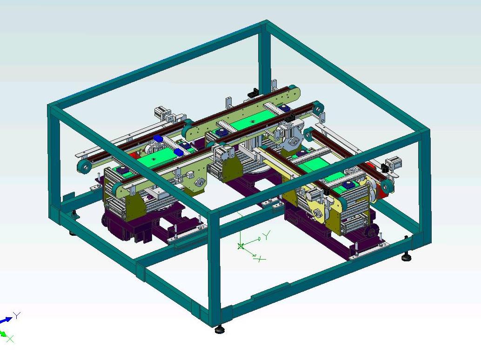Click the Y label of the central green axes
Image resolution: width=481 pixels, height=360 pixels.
coord(267,235)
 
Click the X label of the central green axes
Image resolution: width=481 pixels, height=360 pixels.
coord(261,260)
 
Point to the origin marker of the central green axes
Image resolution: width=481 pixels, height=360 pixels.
coord(241,246)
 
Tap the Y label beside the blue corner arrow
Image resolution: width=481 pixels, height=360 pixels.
coord(17,315)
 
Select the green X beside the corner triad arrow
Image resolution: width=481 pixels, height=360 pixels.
coord(10,339)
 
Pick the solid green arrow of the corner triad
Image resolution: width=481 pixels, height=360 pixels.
coord(3,333)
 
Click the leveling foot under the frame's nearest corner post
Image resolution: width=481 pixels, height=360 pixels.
coord(219,330)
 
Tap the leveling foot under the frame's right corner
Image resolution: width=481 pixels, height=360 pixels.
coord(406,258)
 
